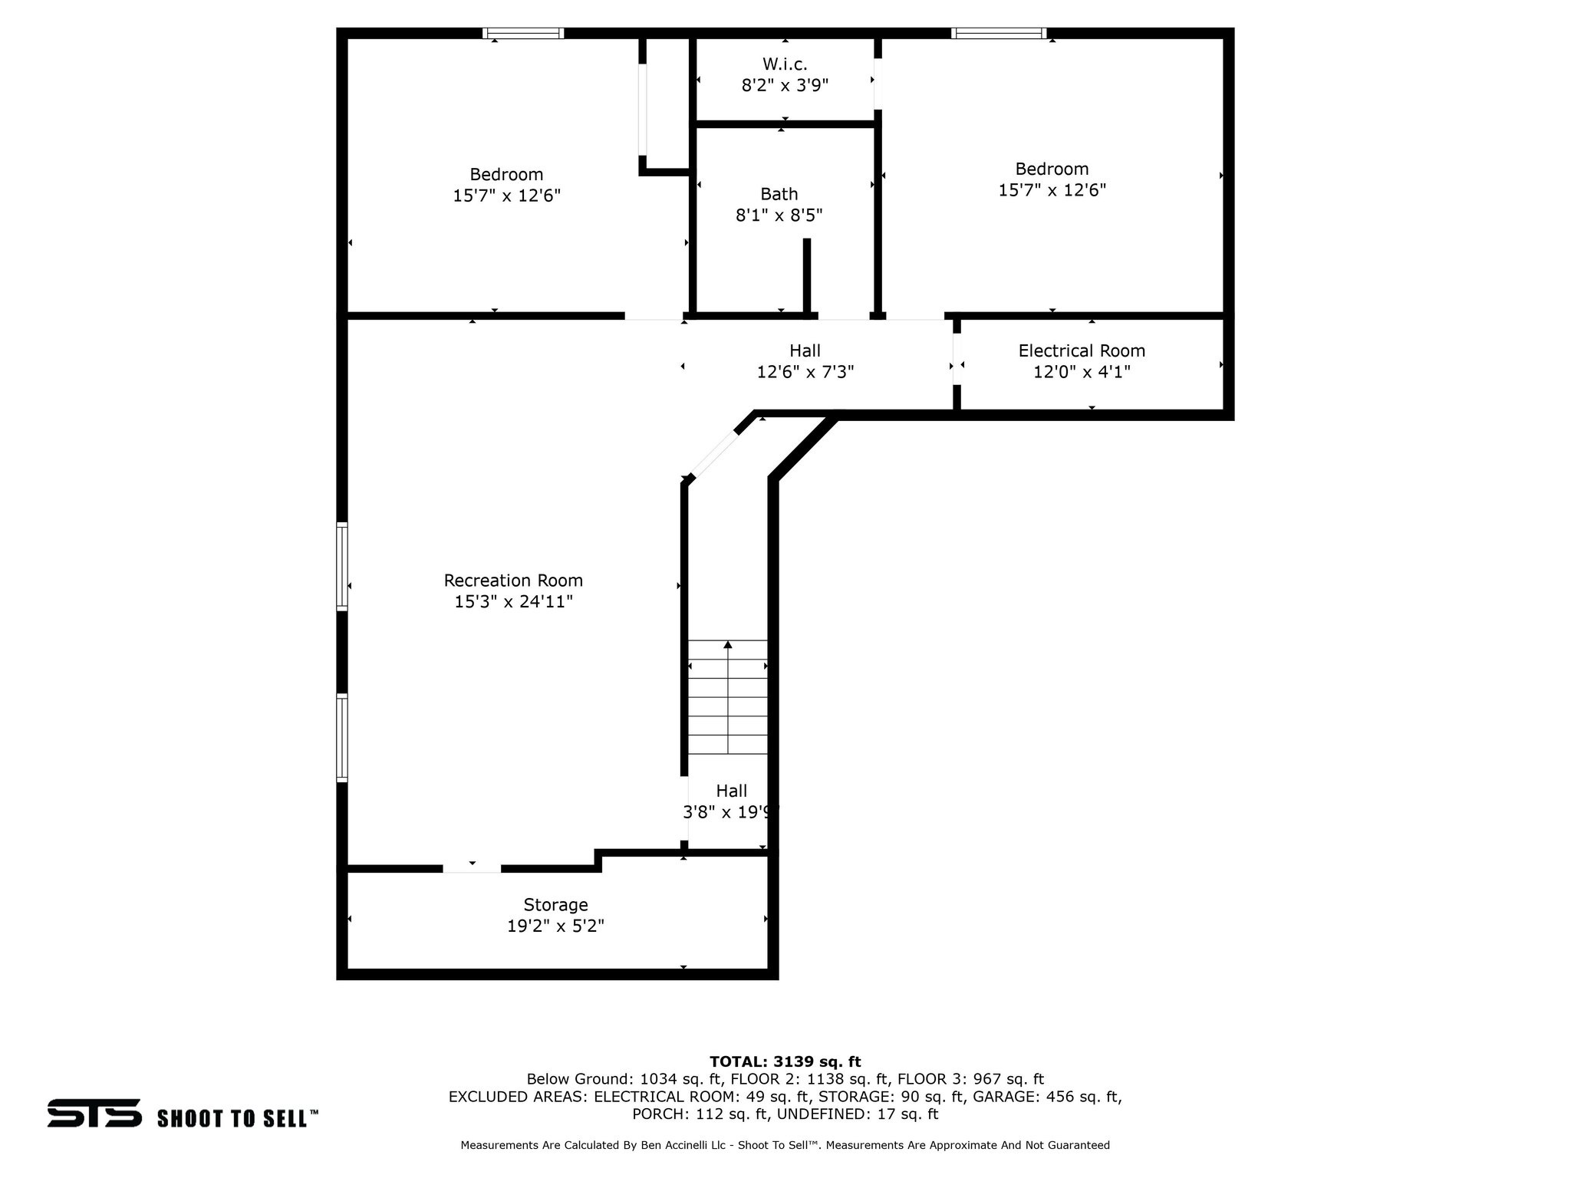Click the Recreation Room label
coord(513,581)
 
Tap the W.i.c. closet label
coord(785,64)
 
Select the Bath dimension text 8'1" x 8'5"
coord(779,216)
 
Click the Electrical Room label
coord(1082,350)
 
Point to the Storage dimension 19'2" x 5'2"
coord(555,926)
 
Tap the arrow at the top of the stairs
coord(727,646)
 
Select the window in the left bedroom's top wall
coord(523,33)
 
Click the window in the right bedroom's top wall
coord(999,33)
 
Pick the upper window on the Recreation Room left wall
coord(342,566)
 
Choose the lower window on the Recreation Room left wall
coord(342,738)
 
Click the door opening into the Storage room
coord(472,868)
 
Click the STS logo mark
coord(94,1113)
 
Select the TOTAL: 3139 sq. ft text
coord(785,1061)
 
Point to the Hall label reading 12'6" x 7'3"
coord(805,361)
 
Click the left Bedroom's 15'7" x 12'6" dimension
coord(506,196)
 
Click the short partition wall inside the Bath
coord(806,276)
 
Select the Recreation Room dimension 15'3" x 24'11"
coord(513,602)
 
